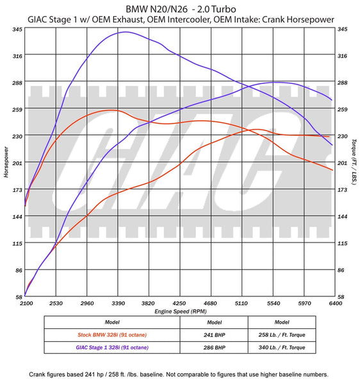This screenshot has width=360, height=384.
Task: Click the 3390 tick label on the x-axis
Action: point(117,303)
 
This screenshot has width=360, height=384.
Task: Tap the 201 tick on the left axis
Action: point(17,163)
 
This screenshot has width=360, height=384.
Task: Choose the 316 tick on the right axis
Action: point(342,56)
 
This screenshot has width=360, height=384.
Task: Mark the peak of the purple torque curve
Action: point(126,31)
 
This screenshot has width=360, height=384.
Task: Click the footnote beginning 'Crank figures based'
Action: point(179,374)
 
